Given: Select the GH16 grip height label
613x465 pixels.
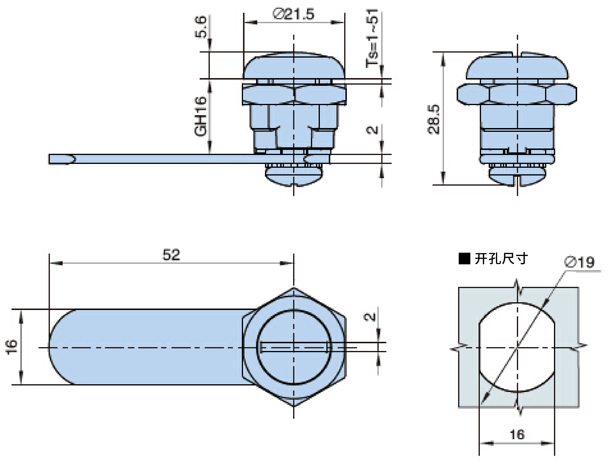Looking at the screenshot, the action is click(201, 116).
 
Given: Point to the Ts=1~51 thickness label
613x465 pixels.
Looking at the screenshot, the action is click(372, 38).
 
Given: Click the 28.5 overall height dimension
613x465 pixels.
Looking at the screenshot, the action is click(434, 120).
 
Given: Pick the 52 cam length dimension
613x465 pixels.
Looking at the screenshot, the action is click(171, 255).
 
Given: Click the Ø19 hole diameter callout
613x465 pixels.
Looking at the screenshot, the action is click(579, 262).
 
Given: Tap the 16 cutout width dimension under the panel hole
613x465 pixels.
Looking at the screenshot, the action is click(517, 434).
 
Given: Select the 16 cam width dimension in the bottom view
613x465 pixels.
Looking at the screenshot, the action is click(12, 347).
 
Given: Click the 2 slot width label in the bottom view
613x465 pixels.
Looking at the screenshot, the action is click(370, 317).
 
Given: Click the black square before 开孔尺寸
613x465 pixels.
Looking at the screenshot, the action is click(464, 259).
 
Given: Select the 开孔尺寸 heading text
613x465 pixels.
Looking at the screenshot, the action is click(501, 259).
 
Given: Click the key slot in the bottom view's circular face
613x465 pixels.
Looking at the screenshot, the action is click(294, 347).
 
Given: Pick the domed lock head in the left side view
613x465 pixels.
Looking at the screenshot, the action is click(294, 65).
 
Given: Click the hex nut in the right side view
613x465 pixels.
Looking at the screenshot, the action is click(517, 94).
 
